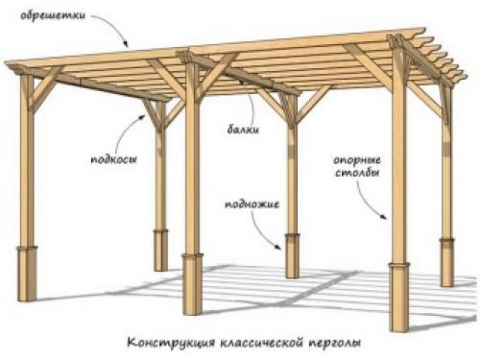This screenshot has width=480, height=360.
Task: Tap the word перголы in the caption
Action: click(x=331, y=342)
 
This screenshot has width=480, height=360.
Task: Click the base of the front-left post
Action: click(x=28, y=273)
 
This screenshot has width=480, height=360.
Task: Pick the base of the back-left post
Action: click(x=161, y=250)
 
